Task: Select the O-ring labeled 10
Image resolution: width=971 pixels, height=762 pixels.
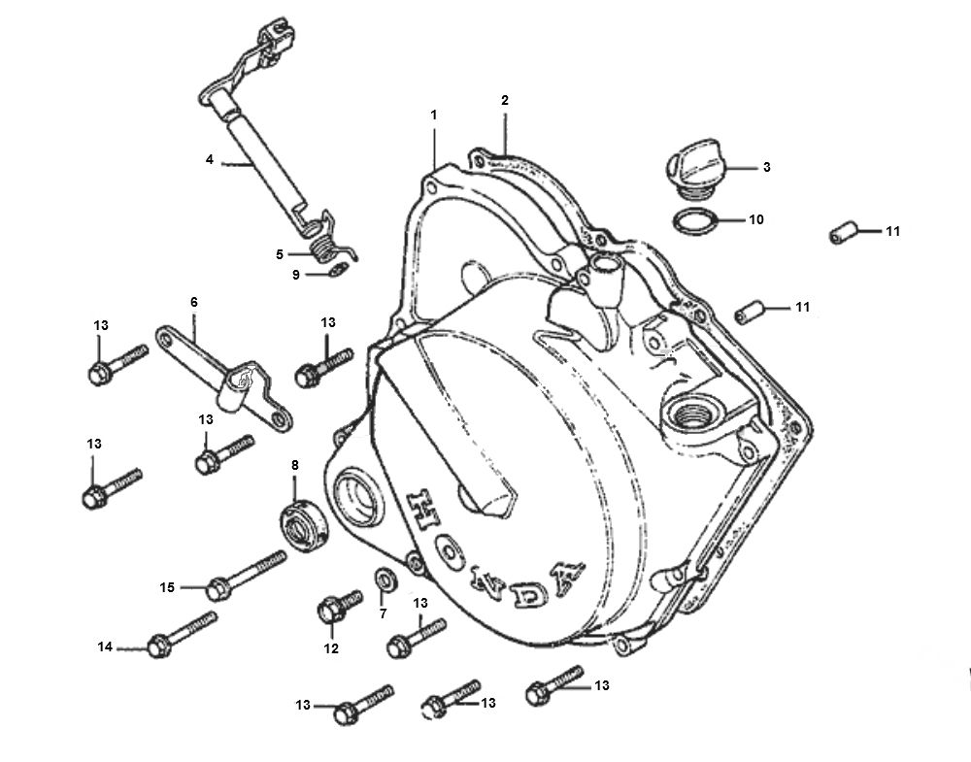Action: pos(695,221)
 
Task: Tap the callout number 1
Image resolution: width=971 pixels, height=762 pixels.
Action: pos(434,115)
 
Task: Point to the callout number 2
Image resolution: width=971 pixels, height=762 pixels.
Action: pos(505,100)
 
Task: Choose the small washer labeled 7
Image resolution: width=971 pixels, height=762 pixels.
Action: pos(384,580)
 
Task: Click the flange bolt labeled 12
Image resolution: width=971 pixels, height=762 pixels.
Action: pos(330,610)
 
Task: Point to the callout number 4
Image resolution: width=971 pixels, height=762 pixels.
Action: pos(209,158)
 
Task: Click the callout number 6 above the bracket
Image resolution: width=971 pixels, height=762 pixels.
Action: pos(193,303)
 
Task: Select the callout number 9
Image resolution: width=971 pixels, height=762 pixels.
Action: pos(296,275)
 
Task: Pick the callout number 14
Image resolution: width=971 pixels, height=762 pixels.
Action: pos(106,646)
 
